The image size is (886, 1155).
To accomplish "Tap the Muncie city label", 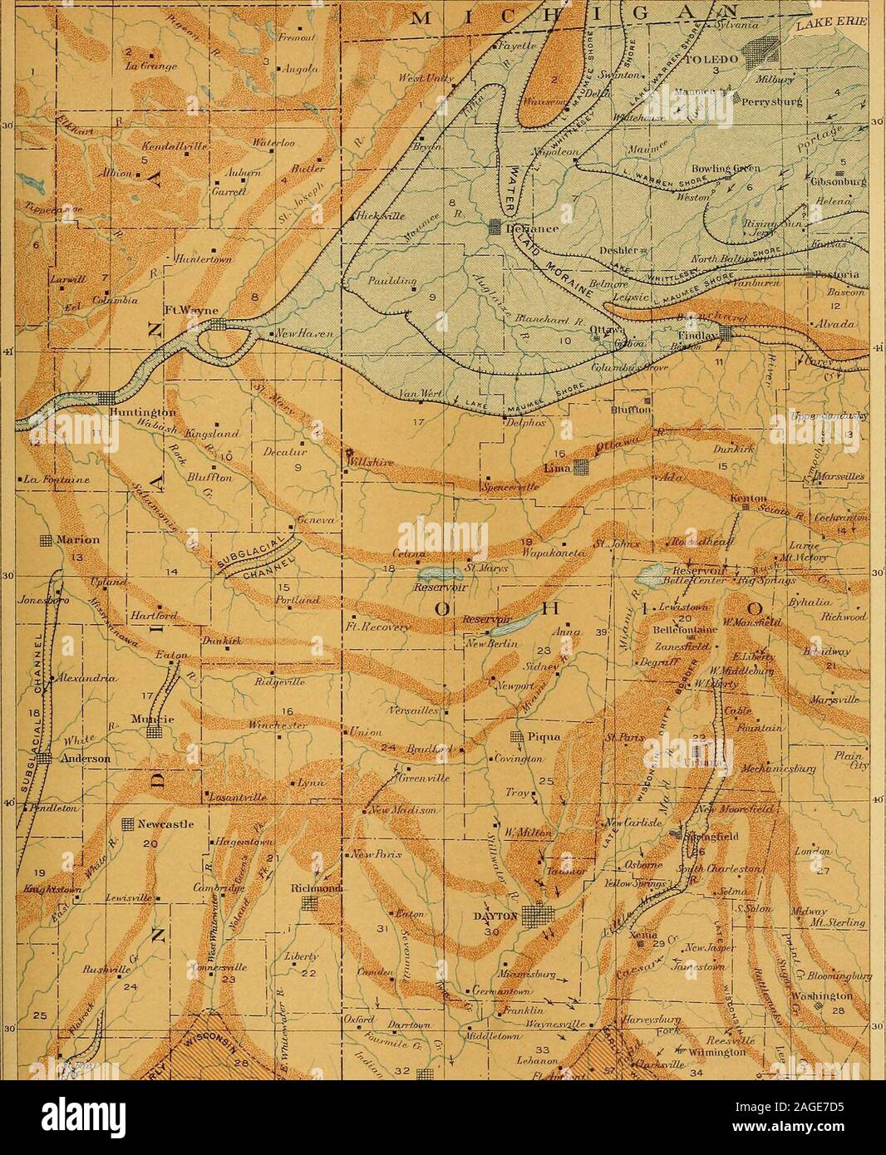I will [x=149, y=718].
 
